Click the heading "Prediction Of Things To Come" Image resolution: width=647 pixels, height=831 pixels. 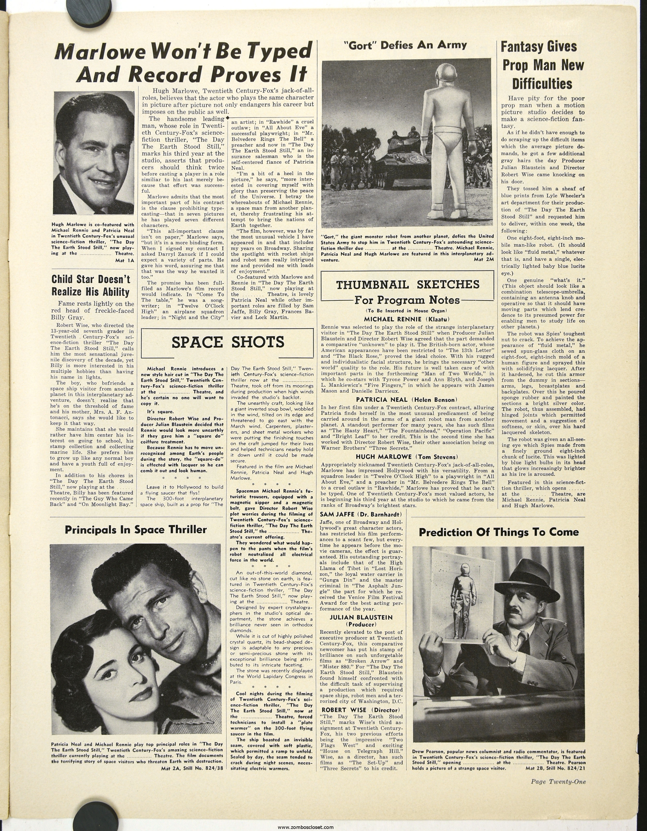click(x=499, y=532)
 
